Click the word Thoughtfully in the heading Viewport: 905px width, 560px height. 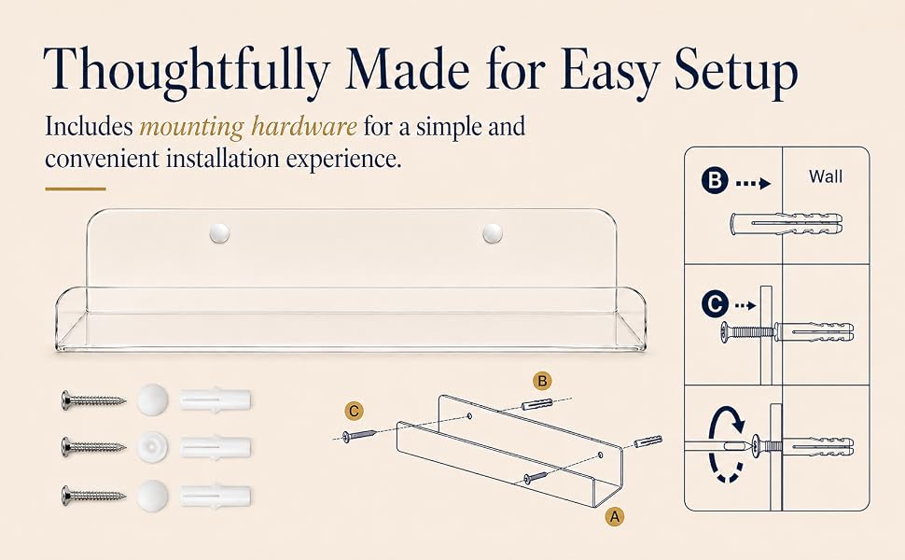186,70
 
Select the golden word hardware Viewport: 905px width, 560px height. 304,126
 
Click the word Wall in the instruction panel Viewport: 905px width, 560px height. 826,176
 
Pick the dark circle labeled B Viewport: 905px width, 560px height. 715,180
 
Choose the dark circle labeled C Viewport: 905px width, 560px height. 715,303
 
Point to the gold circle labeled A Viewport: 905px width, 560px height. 615,516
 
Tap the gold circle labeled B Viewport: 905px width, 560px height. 542,381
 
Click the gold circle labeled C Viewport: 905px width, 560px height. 355,411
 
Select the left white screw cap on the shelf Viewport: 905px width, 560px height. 219,233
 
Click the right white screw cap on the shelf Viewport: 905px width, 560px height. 493,233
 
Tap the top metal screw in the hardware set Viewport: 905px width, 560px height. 93,399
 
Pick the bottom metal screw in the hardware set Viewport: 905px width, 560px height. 93,496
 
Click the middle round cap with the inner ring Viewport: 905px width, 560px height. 153,447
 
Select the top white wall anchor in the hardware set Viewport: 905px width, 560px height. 216,399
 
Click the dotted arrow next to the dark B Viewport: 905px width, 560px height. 753,184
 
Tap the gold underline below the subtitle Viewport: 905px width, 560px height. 76,189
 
